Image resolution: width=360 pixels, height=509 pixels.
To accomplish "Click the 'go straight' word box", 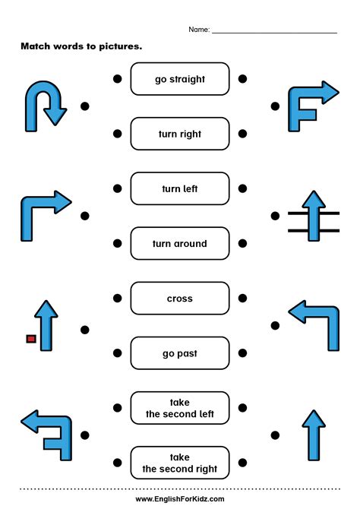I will click(x=179, y=79).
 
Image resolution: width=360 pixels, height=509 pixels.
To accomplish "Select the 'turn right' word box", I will click(x=179, y=134).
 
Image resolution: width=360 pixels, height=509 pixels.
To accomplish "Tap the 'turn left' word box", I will click(x=179, y=188).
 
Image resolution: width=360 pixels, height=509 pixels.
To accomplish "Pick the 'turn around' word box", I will click(x=179, y=244).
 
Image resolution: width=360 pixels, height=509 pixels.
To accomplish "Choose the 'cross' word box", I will click(x=179, y=299).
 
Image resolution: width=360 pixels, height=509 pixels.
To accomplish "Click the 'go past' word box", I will click(x=179, y=353).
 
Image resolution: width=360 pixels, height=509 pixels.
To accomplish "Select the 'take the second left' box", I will click(x=179, y=409).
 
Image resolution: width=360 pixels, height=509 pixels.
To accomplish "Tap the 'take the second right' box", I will click(x=179, y=463).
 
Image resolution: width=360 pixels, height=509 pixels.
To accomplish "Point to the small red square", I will click(x=31, y=338).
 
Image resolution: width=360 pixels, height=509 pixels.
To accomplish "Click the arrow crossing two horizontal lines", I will click(x=313, y=217).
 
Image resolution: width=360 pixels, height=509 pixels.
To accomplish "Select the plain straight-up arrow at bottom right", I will click(x=313, y=434).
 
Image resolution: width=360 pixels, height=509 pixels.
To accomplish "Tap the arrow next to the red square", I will click(x=48, y=325).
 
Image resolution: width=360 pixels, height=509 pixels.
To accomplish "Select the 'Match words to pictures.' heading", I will click(x=81, y=46).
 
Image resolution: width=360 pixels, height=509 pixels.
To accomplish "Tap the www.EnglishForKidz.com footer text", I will click(x=180, y=498).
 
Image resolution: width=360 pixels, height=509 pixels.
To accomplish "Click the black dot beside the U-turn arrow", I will click(x=85, y=106).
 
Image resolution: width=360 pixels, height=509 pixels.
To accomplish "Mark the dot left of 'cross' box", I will click(x=116, y=298).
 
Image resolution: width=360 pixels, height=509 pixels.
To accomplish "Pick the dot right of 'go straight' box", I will click(x=242, y=78).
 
